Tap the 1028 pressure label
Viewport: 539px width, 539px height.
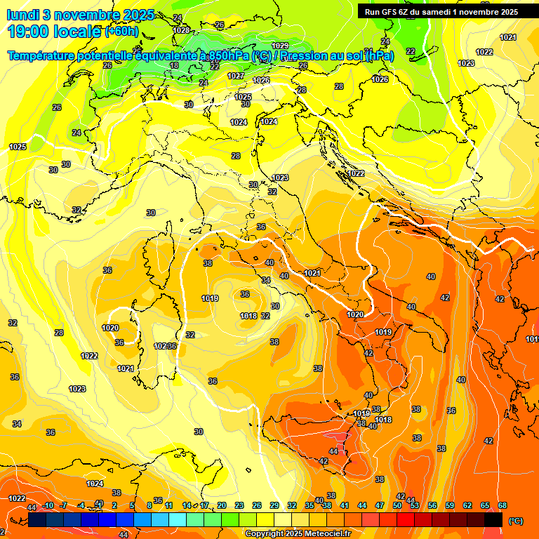click(181, 30)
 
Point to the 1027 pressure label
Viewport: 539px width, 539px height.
click(236, 76)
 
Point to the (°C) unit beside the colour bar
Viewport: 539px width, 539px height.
click(515, 520)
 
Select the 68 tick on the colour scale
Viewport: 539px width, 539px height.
click(503, 505)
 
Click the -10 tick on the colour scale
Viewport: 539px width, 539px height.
click(48, 505)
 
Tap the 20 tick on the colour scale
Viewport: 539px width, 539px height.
click(222, 505)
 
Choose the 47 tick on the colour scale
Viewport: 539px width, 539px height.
click(380, 505)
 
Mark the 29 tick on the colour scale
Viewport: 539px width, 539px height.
click(274, 505)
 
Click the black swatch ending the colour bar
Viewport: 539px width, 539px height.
click(493, 519)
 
